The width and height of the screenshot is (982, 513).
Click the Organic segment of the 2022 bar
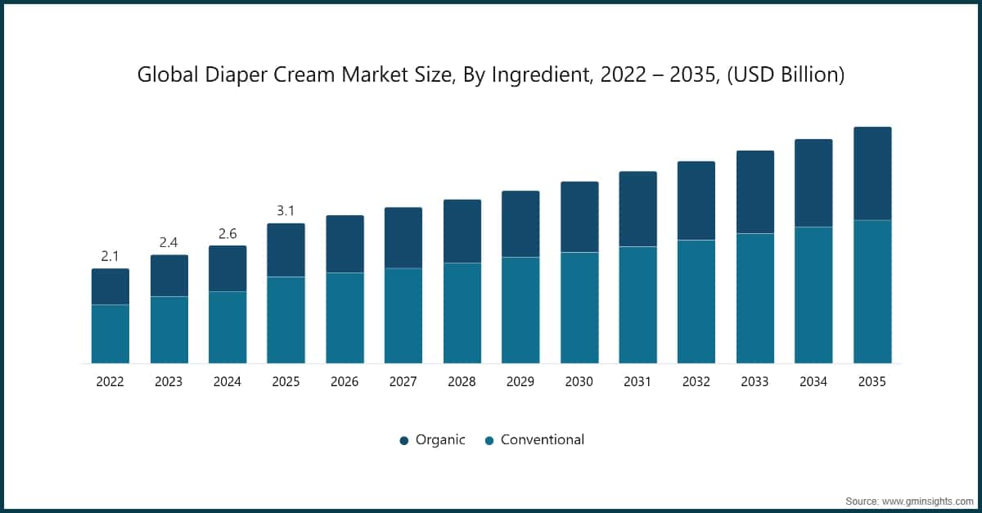pos(110,286)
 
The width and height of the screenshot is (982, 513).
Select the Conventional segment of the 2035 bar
pos(872,291)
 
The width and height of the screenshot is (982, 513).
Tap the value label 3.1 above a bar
pos(286,211)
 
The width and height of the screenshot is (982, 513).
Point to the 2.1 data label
pos(110,256)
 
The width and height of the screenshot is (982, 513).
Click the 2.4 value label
pos(169,242)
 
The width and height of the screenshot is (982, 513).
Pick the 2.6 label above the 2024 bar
pos(227,233)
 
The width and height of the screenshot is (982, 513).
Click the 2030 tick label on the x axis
pos(579,381)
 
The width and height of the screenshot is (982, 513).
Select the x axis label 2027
pos(403,381)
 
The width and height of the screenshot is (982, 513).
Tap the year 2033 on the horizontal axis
pos(755,381)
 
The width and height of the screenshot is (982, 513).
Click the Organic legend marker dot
pos(403,440)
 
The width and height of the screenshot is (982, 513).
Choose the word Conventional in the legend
pos(543,439)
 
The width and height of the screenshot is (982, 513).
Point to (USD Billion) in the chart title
pos(786,75)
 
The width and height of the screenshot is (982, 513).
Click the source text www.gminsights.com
pos(926,499)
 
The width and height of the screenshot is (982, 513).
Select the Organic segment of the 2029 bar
pos(520,224)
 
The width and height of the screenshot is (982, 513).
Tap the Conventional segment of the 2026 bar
pos(345,317)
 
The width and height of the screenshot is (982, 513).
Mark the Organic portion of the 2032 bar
pos(696,200)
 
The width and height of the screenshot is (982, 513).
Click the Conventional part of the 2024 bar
pos(227,327)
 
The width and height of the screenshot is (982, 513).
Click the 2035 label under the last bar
pos(872,381)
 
